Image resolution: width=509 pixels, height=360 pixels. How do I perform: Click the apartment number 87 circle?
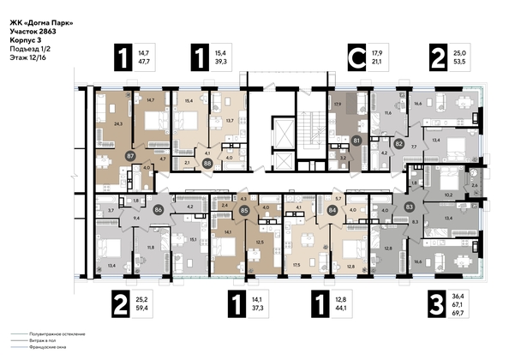coord(130,157)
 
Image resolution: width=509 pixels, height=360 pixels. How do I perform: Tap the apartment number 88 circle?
coord(207,160)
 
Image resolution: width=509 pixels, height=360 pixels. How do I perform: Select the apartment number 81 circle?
coord(332,140)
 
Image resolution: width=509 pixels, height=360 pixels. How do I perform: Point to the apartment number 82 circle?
coord(374,143)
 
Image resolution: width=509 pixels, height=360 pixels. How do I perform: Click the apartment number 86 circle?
coord(158,208)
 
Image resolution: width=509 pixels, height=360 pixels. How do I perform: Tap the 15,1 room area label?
coord(194,240)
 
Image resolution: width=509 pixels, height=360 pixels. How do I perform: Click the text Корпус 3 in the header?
coord(27,40)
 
